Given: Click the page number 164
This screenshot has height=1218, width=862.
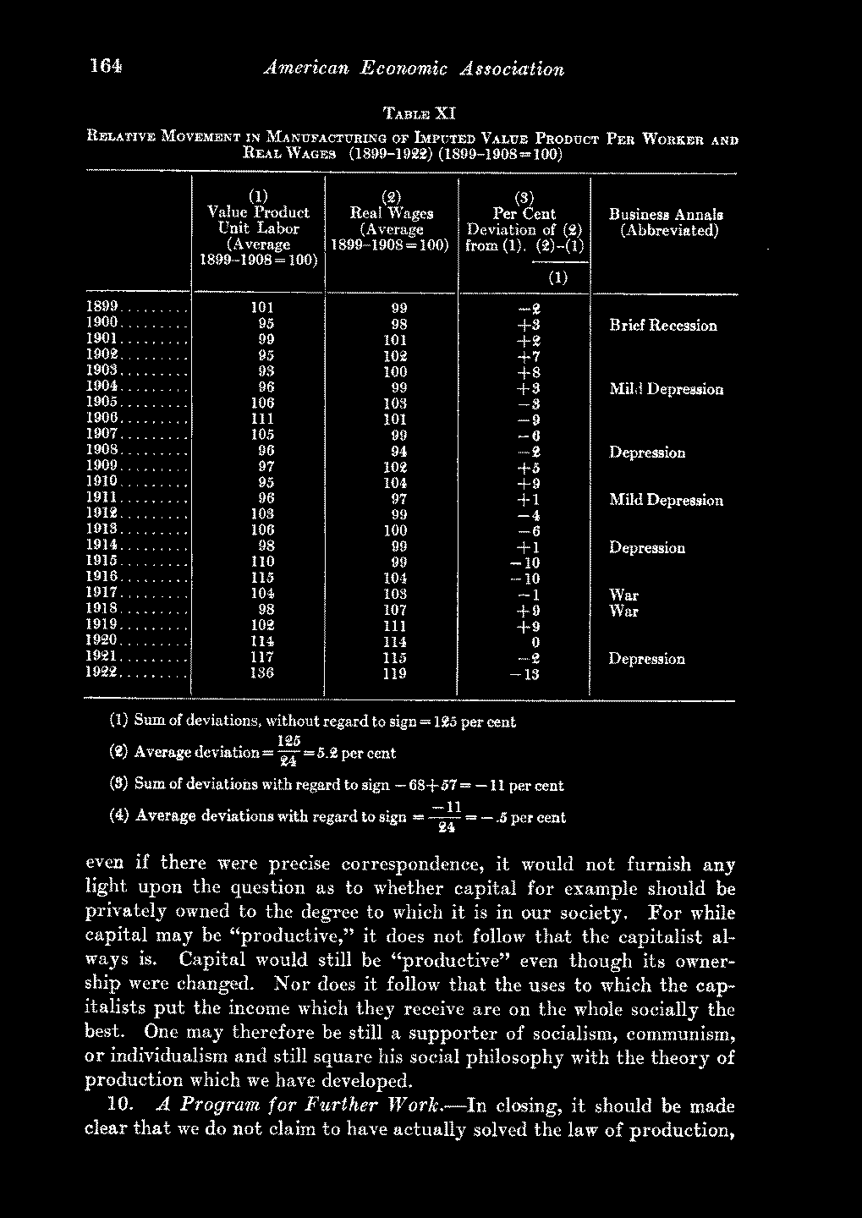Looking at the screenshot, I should [106, 67].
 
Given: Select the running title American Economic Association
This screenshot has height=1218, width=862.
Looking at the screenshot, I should [415, 69].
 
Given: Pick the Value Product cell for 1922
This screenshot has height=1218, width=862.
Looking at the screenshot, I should [258, 675].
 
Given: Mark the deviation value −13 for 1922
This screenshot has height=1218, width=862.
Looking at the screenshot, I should [523, 675].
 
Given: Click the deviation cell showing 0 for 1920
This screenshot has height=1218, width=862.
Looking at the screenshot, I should [526, 643].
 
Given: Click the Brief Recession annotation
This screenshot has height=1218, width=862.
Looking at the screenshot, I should [663, 326].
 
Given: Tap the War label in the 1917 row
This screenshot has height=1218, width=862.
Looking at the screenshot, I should [624, 595].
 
